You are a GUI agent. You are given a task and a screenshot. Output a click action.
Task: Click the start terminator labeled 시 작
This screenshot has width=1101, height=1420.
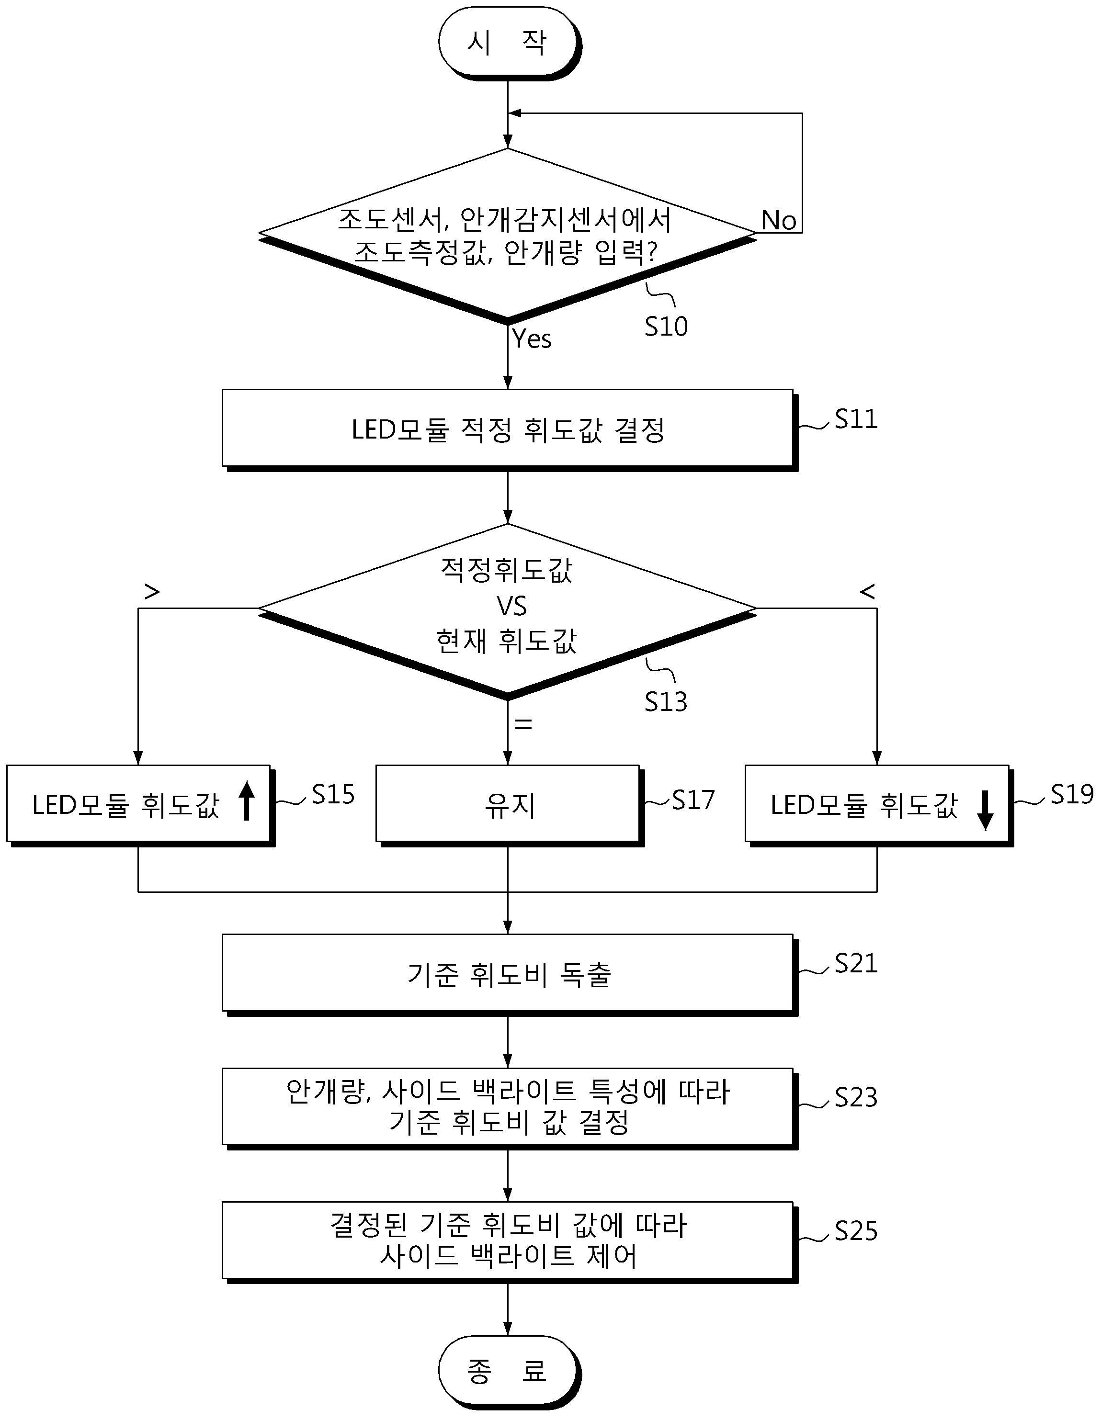[509, 44]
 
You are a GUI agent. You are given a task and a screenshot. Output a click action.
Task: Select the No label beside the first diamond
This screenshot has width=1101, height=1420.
[778, 220]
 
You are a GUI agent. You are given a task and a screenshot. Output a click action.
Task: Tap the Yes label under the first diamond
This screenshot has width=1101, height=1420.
[532, 339]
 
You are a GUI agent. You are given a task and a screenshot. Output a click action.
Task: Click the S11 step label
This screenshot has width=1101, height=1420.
[856, 419]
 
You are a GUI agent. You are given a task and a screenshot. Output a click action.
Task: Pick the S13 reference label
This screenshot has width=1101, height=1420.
[666, 701]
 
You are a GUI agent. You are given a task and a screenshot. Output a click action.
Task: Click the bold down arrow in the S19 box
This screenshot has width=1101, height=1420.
[985, 810]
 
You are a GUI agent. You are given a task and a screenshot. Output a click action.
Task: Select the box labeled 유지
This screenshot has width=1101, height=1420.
[509, 805]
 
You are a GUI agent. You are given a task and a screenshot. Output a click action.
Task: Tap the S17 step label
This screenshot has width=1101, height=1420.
[693, 800]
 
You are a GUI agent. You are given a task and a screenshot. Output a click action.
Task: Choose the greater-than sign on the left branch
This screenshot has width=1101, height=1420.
[151, 592]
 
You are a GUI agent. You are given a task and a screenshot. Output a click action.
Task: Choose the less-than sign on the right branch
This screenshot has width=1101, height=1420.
[867, 592]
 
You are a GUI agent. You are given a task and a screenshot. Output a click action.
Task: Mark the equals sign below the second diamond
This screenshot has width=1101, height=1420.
[523, 724]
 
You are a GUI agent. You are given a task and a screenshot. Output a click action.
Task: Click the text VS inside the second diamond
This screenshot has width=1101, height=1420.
[511, 606]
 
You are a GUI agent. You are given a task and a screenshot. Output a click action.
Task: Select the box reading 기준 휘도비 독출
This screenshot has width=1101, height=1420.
[509, 975]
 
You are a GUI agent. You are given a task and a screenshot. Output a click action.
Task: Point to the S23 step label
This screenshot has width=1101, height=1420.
[856, 1097]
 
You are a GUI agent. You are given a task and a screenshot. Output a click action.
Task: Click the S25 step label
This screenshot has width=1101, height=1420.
[856, 1231]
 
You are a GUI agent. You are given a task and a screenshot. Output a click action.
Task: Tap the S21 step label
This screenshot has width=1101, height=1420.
[856, 964]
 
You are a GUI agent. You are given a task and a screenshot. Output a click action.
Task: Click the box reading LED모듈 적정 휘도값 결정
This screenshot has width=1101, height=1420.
[509, 430]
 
